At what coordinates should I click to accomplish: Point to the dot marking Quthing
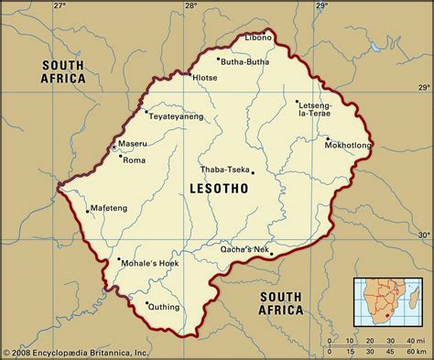click(x=147, y=302)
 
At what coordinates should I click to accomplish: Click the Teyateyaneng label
click(x=177, y=118)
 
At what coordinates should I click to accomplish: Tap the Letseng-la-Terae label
click(x=317, y=110)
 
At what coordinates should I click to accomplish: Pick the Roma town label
click(x=134, y=160)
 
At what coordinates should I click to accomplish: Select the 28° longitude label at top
click(x=190, y=6)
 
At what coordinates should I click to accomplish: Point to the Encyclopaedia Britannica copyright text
click(x=75, y=353)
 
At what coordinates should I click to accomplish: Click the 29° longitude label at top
click(x=322, y=6)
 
